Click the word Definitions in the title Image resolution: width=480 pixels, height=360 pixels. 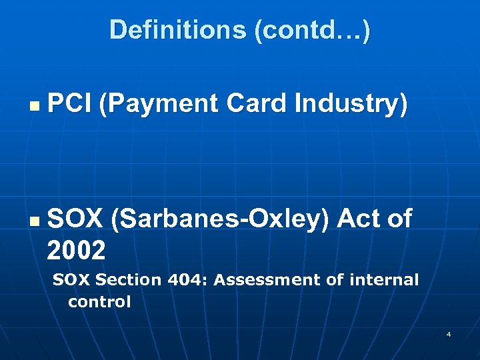(178, 30)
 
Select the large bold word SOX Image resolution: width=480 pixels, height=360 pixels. (75, 218)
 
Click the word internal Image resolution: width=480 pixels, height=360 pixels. (381, 281)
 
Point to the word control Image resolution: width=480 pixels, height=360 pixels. (99, 302)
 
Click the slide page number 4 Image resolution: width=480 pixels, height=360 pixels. (449, 333)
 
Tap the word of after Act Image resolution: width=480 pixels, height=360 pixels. (398, 218)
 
